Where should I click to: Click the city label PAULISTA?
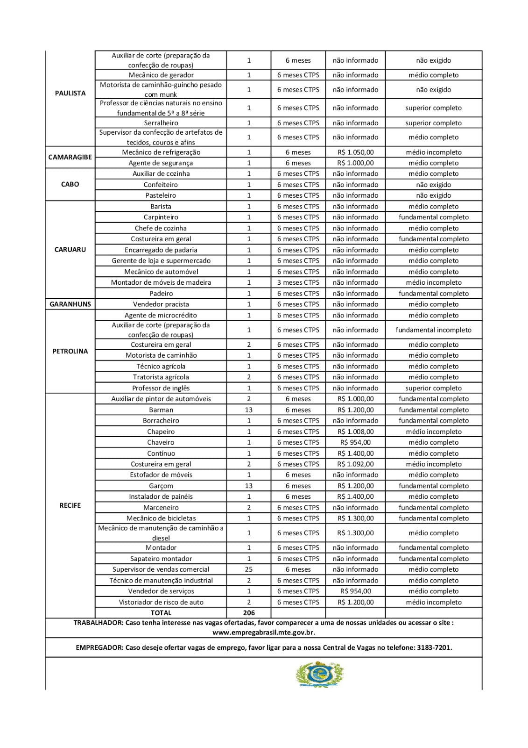click(x=70, y=93)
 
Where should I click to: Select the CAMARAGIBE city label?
click(x=70, y=157)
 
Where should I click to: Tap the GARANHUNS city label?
click(x=70, y=304)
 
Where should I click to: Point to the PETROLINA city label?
click(x=70, y=351)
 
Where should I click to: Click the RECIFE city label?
click(x=70, y=505)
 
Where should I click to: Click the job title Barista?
click(x=161, y=206)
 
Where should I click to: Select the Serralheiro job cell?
click(x=161, y=123)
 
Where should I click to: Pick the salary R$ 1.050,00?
click(x=355, y=152)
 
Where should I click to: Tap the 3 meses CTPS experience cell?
click(x=298, y=282)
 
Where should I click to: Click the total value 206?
click(x=249, y=612)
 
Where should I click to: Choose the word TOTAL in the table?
click(x=161, y=612)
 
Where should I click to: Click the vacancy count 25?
click(x=249, y=569)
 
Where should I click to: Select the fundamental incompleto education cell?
click(x=433, y=330)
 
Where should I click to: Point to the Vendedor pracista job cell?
click(x=161, y=304)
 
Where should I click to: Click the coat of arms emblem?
click(x=320, y=674)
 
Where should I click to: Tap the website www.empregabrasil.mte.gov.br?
click(x=263, y=633)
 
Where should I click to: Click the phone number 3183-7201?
click(x=436, y=647)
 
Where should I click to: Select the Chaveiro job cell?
click(x=161, y=442)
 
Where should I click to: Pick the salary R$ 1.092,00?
click(x=355, y=464)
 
